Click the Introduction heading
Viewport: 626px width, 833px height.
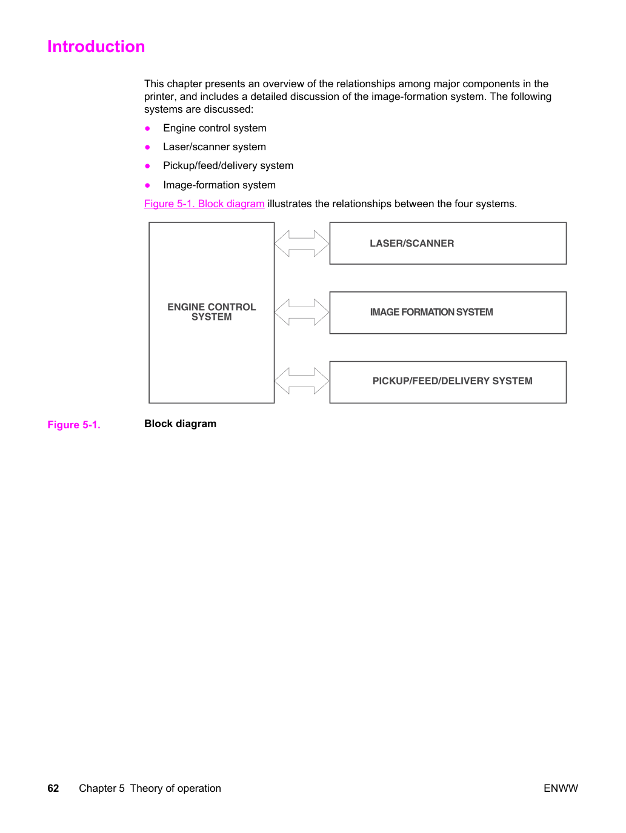click(96, 47)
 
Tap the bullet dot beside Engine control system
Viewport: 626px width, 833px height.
click(147, 128)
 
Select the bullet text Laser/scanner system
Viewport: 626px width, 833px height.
click(215, 147)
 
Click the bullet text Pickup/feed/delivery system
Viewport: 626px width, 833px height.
click(228, 166)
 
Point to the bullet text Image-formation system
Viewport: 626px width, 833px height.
click(219, 185)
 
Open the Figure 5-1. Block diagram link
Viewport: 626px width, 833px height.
click(204, 204)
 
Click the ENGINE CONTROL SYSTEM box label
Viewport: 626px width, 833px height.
click(211, 311)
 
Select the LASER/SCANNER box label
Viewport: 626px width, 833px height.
click(412, 244)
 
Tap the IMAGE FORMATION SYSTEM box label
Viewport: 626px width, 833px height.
click(431, 312)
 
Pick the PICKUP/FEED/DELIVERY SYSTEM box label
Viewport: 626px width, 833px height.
click(452, 380)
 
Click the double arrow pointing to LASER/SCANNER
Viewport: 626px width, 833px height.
click(302, 244)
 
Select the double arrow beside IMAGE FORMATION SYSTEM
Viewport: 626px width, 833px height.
click(302, 312)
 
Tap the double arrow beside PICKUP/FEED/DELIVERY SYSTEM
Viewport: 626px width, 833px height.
click(302, 380)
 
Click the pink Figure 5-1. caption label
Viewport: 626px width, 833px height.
click(74, 425)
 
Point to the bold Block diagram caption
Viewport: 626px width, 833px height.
click(181, 423)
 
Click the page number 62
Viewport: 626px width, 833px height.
click(53, 788)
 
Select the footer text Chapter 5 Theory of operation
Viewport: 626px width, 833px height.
click(150, 788)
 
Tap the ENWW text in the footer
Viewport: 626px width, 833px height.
click(561, 788)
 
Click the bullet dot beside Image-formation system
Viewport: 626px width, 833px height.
click(147, 185)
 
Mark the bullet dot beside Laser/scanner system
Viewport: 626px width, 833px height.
click(147, 147)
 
